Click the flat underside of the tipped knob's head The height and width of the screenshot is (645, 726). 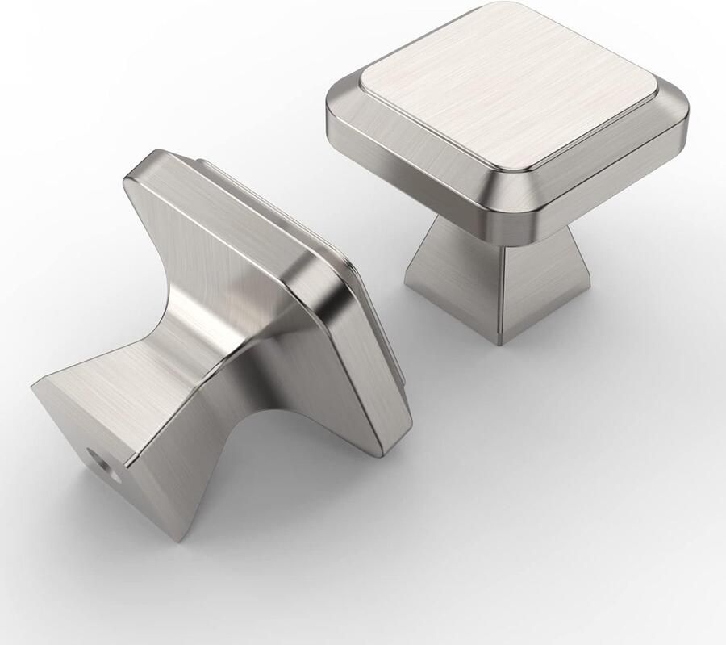click(242, 234)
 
